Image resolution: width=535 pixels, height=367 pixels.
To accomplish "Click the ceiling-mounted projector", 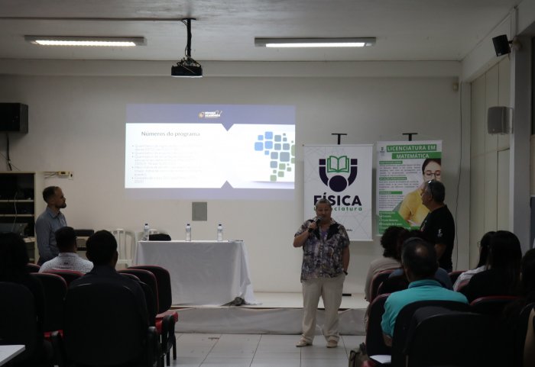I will (x=186, y=69).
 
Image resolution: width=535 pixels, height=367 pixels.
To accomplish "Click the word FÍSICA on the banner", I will (x=337, y=200).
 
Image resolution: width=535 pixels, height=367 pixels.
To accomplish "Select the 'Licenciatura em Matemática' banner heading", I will (x=410, y=151).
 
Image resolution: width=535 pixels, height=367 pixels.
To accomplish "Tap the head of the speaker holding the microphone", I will (x=323, y=208).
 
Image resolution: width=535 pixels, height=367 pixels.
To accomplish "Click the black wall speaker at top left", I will (x=13, y=118).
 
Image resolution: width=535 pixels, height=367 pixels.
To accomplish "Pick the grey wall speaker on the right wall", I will (x=498, y=120).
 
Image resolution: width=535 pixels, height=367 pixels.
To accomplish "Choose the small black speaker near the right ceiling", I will (x=501, y=45).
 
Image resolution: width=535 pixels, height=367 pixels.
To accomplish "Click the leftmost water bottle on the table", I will (x=146, y=232).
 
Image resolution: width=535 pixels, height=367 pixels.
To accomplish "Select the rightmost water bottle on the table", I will (x=220, y=232).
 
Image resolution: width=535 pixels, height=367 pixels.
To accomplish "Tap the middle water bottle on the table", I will (x=188, y=232).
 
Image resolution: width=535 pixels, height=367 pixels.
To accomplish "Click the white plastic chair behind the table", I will (x=122, y=243).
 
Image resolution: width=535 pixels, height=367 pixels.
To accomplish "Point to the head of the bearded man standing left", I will (x=54, y=198).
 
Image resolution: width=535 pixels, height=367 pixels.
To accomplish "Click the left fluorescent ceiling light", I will (x=85, y=40).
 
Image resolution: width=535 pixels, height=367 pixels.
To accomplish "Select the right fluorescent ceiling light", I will (x=315, y=42).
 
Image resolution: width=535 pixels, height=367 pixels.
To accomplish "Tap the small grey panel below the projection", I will (x=199, y=211).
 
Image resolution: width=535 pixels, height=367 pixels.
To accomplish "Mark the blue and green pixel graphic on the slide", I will (x=274, y=153).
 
